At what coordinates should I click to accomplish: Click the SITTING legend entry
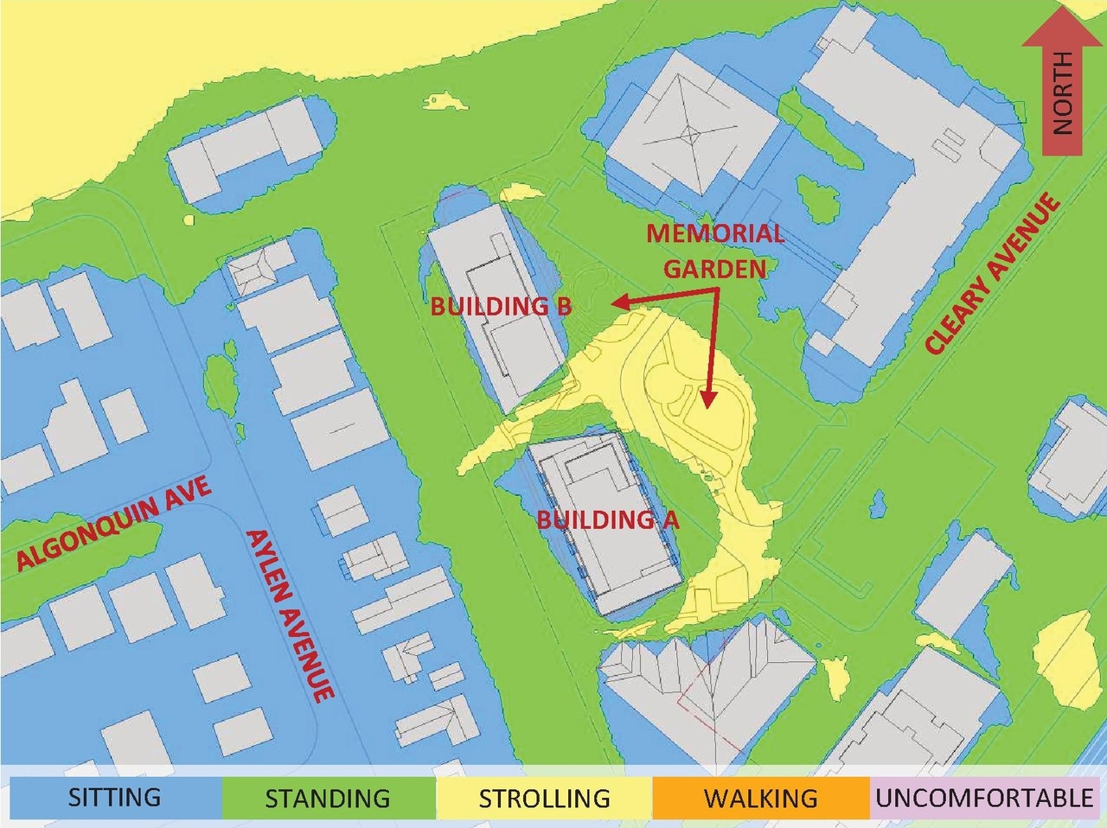(114, 797)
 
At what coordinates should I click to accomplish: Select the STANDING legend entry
(328, 797)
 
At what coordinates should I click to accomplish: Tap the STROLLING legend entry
(544, 797)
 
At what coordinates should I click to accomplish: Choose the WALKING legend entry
(760, 797)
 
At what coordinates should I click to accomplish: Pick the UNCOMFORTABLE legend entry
(985, 797)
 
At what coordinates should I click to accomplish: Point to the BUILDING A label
(607, 519)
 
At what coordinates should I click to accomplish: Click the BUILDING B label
(501, 306)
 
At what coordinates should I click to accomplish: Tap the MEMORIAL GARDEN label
(715, 251)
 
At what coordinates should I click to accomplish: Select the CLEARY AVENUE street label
(993, 274)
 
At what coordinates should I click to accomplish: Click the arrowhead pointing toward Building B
(617, 302)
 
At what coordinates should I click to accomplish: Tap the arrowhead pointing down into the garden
(708, 398)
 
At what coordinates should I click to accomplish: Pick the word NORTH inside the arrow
(1062, 92)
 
